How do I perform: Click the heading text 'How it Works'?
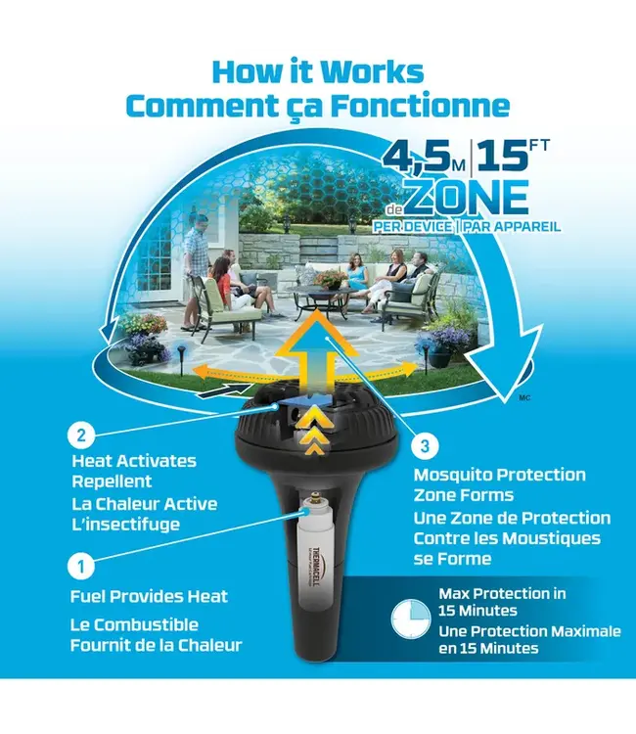[318, 72]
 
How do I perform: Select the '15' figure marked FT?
[499, 156]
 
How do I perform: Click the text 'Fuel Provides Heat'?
[149, 596]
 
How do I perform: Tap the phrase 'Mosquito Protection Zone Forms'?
[499, 484]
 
